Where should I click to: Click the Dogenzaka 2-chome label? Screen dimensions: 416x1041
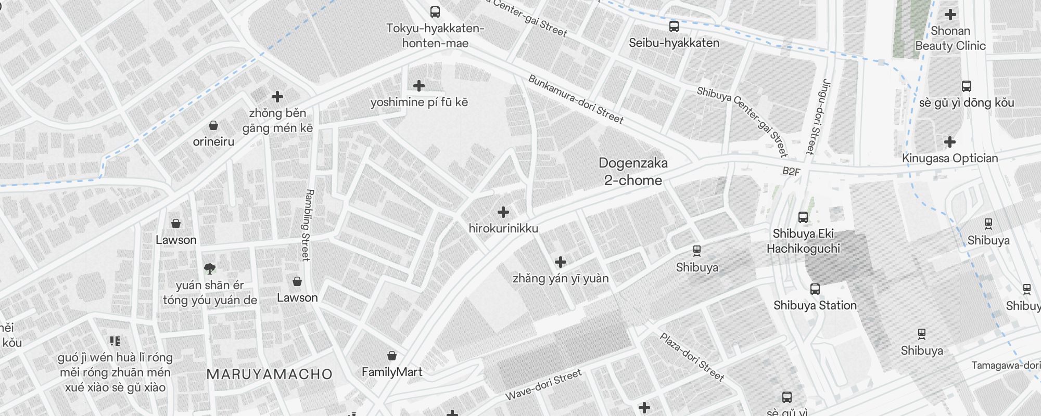[633, 172]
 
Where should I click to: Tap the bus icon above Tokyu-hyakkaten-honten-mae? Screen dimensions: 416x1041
[435, 11]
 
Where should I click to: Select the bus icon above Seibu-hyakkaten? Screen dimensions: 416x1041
[674, 26]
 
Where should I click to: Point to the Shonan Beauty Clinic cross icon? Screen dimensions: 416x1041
[950, 15]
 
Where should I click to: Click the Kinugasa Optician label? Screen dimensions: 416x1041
[950, 158]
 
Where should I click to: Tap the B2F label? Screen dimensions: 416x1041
[791, 171]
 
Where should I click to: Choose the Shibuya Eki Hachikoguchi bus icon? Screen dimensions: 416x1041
[803, 217]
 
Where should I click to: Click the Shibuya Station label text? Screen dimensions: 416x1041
[815, 305]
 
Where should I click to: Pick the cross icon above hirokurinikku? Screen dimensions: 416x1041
[503, 212]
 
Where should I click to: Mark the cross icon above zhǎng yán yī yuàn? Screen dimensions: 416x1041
[561, 262]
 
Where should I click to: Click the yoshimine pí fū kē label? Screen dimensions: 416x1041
[419, 102]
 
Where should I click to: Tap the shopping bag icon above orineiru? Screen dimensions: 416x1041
[213, 125]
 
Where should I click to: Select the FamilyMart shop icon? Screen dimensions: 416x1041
[392, 356]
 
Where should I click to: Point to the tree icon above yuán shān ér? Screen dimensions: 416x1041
[210, 268]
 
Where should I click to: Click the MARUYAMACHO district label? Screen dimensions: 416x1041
[269, 374]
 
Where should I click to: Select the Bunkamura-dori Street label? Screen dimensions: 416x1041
[575, 99]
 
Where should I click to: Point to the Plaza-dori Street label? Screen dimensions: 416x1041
[692, 357]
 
